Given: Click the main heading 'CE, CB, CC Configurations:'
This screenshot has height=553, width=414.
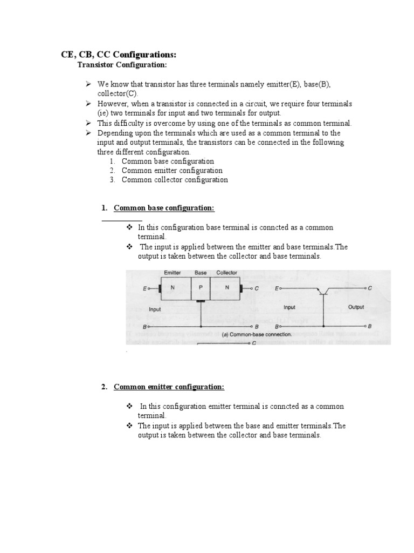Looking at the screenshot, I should tap(118, 55).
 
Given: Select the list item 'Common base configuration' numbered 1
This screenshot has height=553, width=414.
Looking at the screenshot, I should tap(168, 161).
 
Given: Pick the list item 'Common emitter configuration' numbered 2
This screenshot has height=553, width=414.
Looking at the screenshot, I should tap(172, 170).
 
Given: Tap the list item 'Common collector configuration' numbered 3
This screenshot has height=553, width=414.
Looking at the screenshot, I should tap(175, 180).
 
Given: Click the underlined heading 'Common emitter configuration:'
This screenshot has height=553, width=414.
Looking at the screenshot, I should tap(169, 387).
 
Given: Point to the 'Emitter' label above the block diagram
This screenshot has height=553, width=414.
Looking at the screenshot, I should tap(172, 273).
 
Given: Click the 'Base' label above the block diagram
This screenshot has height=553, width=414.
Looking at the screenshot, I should tap(201, 273).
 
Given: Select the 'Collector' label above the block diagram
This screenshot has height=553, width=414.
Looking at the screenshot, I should tap(226, 273).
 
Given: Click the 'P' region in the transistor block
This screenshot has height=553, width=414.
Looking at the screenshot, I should tap(200, 288).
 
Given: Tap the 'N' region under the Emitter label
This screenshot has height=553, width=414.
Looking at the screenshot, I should tap(172, 288).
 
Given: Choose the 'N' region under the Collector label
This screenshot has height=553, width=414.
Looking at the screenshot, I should tap(227, 288).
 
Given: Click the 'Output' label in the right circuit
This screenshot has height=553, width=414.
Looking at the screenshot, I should tap(356, 307).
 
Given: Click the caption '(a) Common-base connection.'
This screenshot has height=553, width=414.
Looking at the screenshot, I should tap(257, 335).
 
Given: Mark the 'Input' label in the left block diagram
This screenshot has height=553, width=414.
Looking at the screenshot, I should tap(155, 309).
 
